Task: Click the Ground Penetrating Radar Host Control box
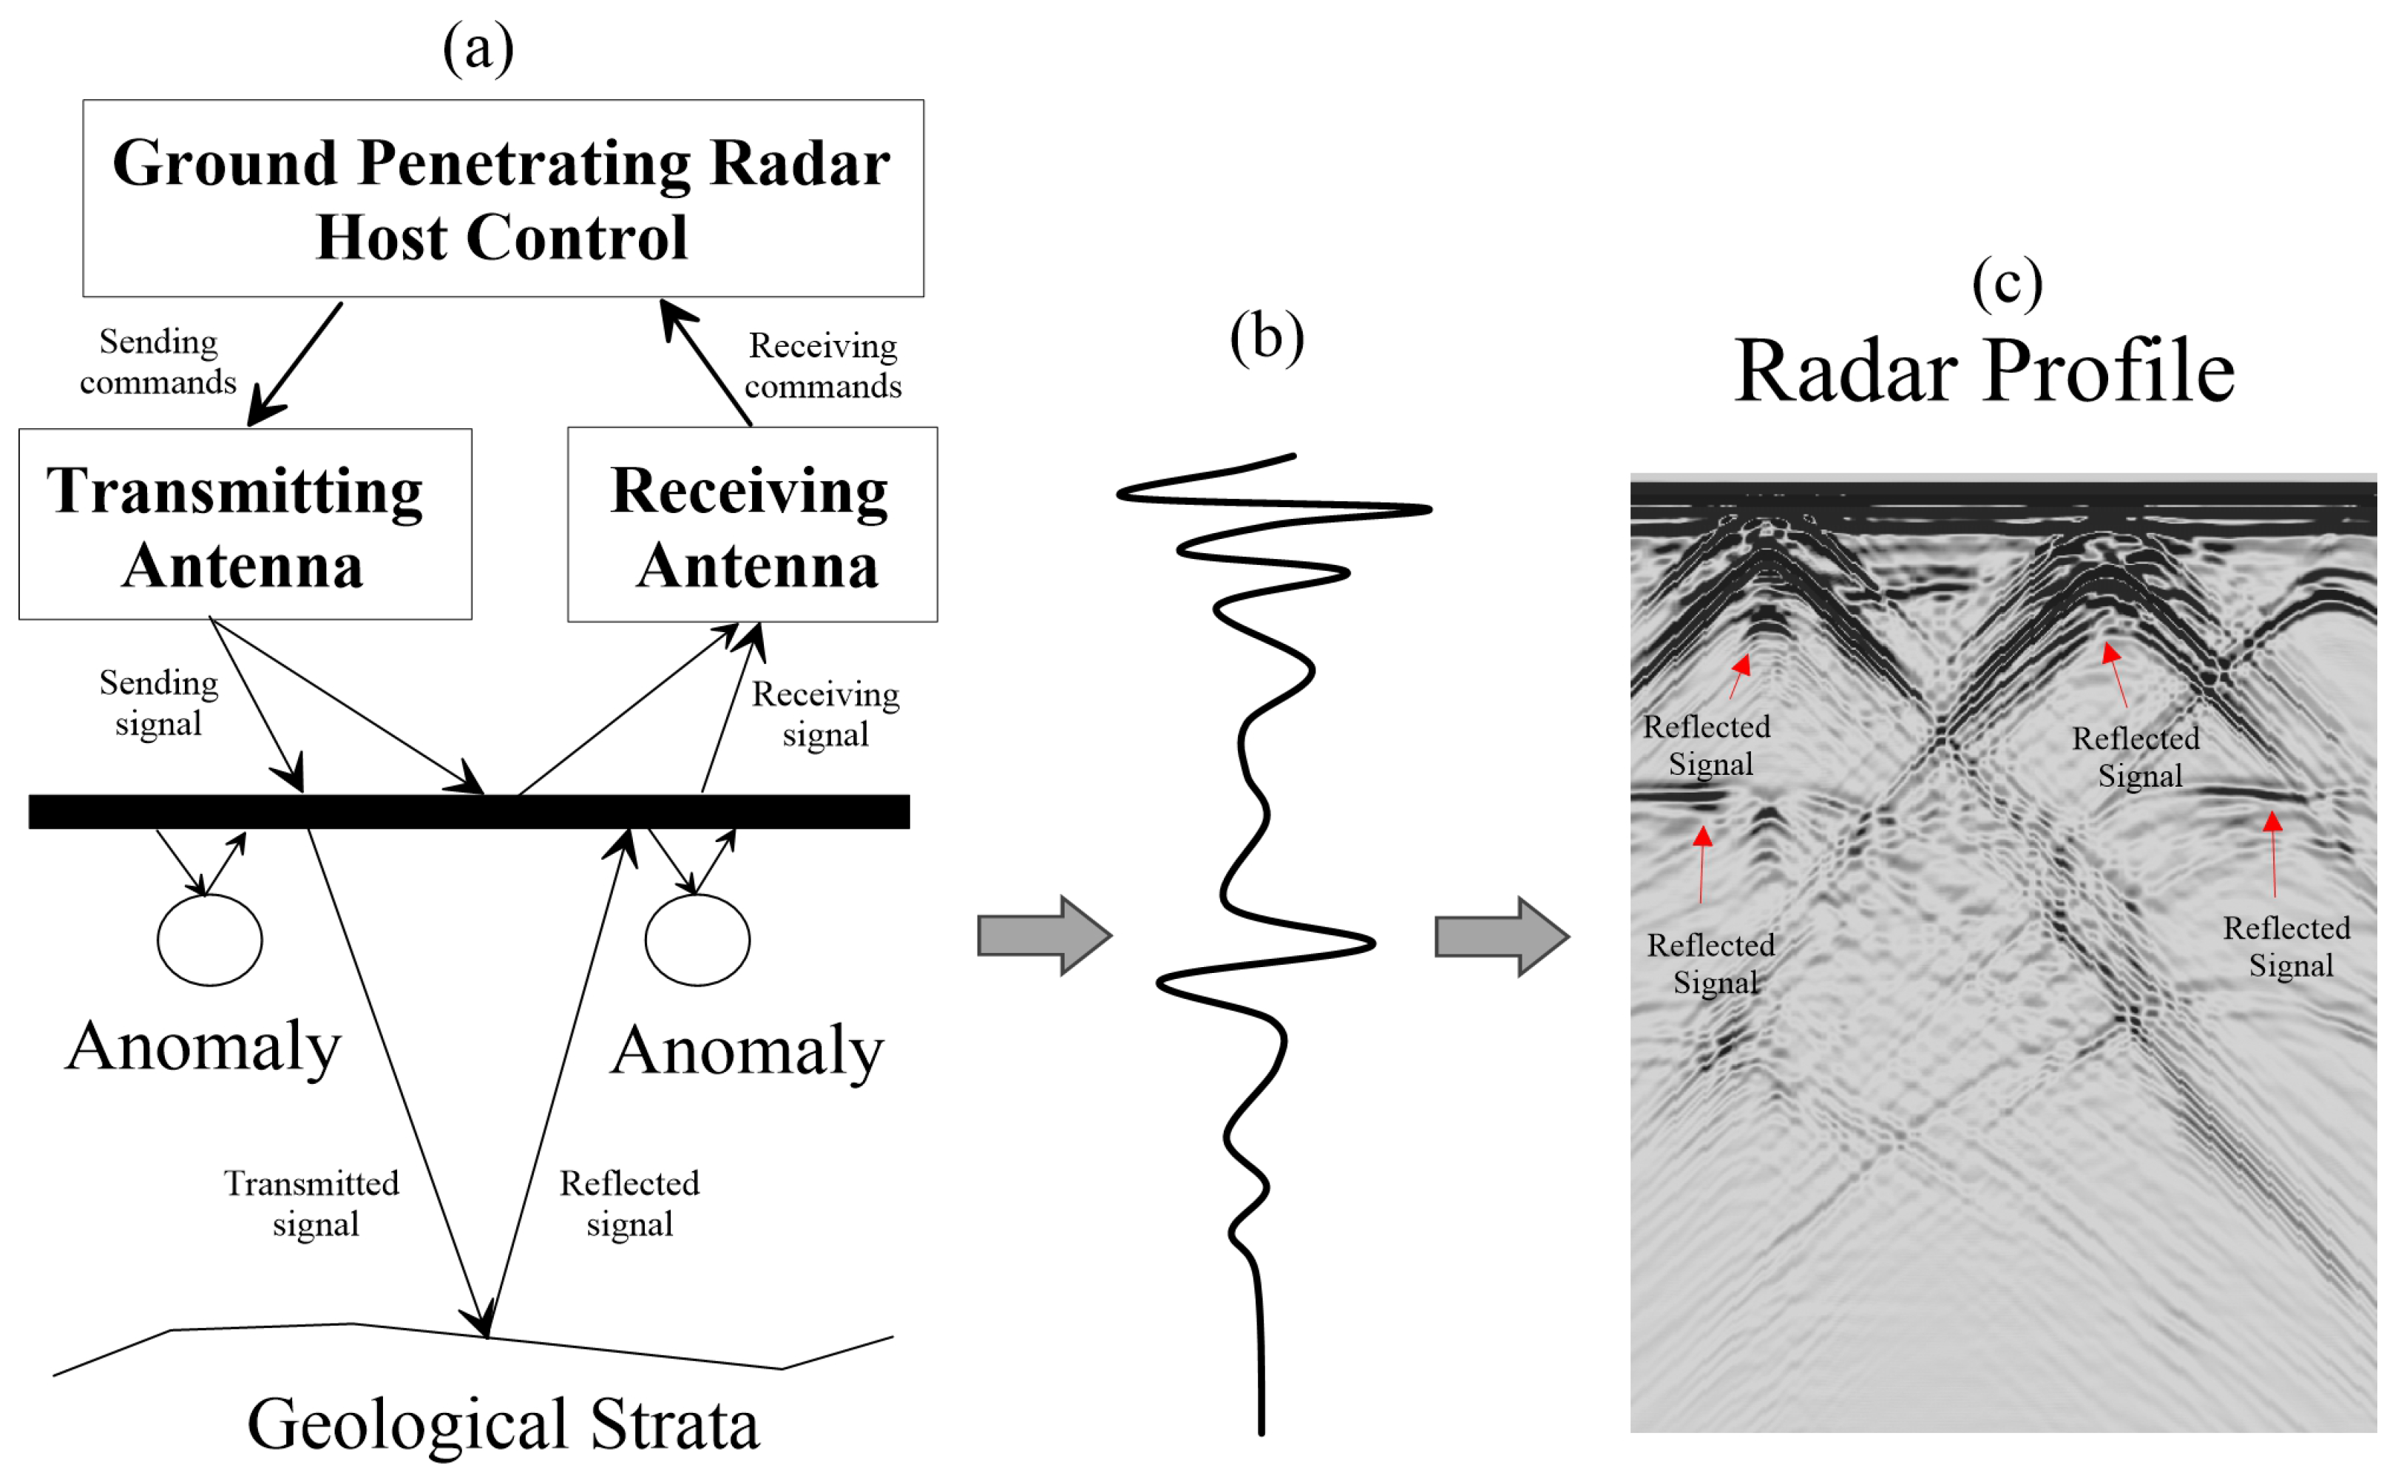tap(502, 198)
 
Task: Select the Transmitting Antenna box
tap(244, 525)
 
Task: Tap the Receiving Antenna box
tap(752, 525)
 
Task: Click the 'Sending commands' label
tap(158, 362)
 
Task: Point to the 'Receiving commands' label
tap(822, 366)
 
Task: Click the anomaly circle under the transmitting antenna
tap(210, 940)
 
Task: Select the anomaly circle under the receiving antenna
tap(697, 940)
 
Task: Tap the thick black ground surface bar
tap(468, 812)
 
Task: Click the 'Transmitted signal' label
tap(312, 1203)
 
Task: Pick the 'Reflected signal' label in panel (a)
tap(629, 1203)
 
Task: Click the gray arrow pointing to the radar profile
tap(1500, 937)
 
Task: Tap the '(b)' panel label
tap(1267, 338)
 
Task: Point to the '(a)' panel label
tap(478, 49)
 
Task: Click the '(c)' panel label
tap(2007, 283)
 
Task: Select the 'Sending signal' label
tap(158, 702)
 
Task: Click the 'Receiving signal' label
tap(825, 713)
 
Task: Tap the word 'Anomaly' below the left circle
tap(204, 1047)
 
